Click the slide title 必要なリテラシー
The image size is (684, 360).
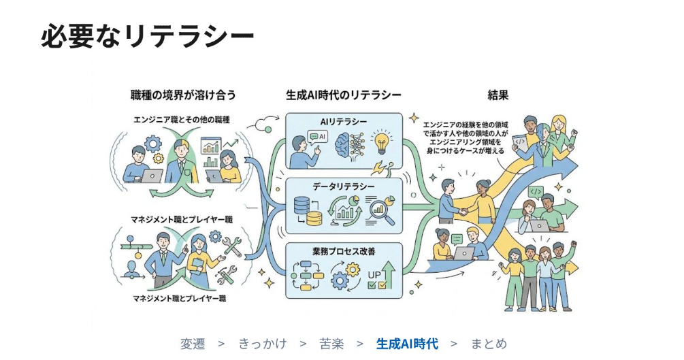148,36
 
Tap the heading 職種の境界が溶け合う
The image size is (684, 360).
183,95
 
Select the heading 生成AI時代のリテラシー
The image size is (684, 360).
343,95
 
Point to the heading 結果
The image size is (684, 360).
498,95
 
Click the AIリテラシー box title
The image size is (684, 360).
344,122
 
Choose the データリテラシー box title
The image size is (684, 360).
344,186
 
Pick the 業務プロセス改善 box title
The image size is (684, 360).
344,251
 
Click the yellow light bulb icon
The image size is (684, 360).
382,142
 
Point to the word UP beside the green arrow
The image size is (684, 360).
374,275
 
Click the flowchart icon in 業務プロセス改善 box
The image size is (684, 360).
307,276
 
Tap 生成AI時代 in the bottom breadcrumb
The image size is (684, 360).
407,344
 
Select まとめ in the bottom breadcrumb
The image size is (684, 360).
489,344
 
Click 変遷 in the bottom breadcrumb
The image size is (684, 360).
193,344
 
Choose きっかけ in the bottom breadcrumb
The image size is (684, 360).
263,344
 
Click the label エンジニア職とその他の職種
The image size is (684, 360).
182,120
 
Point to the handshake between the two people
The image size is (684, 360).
462,212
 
